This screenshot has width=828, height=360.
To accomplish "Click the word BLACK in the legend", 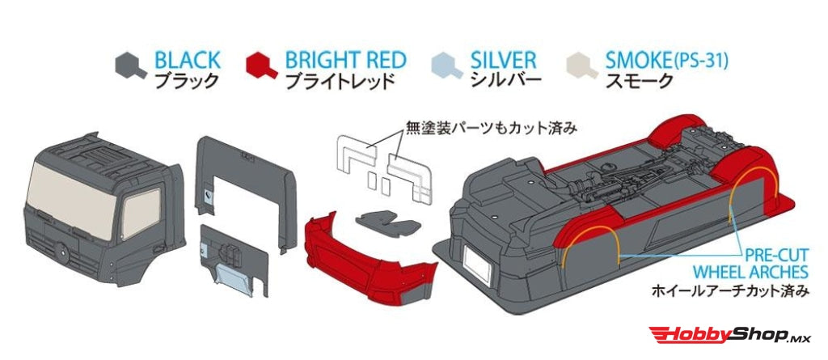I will pos(187,60).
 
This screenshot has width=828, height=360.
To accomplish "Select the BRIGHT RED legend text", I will pos(345,60).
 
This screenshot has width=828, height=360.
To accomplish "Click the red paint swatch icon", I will pos(261,65).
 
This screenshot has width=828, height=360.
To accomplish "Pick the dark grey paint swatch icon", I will pos(129,65).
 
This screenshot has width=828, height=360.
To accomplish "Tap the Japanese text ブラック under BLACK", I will pos(186,81).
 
